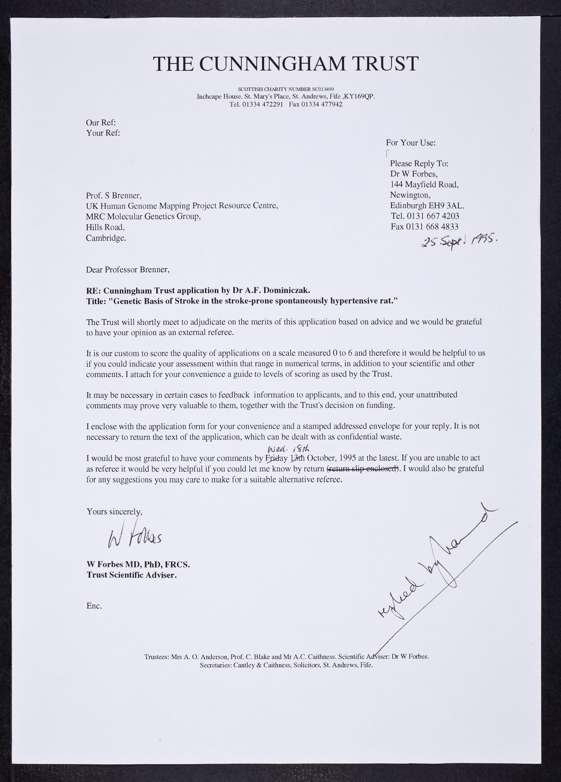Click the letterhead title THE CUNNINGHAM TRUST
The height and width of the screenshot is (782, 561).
pos(286,64)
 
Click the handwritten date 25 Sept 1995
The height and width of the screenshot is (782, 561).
pos(460,241)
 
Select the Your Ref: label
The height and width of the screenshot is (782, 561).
pos(103,133)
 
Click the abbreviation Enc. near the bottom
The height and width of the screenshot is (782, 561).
pos(94,605)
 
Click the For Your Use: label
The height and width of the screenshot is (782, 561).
pos(411,143)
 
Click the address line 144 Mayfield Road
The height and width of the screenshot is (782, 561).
pos(424,185)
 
